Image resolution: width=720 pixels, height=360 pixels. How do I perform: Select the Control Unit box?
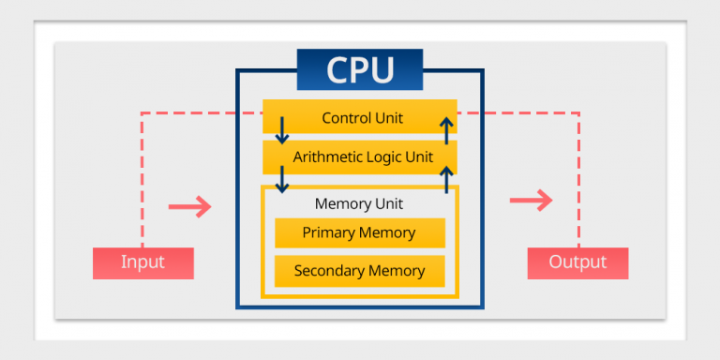tap(359, 118)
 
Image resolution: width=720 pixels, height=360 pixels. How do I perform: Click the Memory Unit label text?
tap(359, 203)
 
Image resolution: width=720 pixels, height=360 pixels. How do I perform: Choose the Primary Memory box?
tap(359, 232)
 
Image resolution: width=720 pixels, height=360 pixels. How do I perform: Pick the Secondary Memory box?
tap(359, 271)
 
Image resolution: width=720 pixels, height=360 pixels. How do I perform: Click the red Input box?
tap(142, 262)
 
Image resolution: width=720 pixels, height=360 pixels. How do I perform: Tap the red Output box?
tap(577, 262)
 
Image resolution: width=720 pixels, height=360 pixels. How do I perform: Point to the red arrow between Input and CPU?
tap(189, 206)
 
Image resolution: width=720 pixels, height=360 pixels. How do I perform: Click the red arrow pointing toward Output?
tap(531, 200)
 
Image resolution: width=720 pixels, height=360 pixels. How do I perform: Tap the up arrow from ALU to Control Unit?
tap(447, 130)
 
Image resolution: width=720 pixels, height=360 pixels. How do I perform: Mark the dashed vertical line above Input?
tap(142, 178)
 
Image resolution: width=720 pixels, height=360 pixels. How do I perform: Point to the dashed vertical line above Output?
tap(578, 178)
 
